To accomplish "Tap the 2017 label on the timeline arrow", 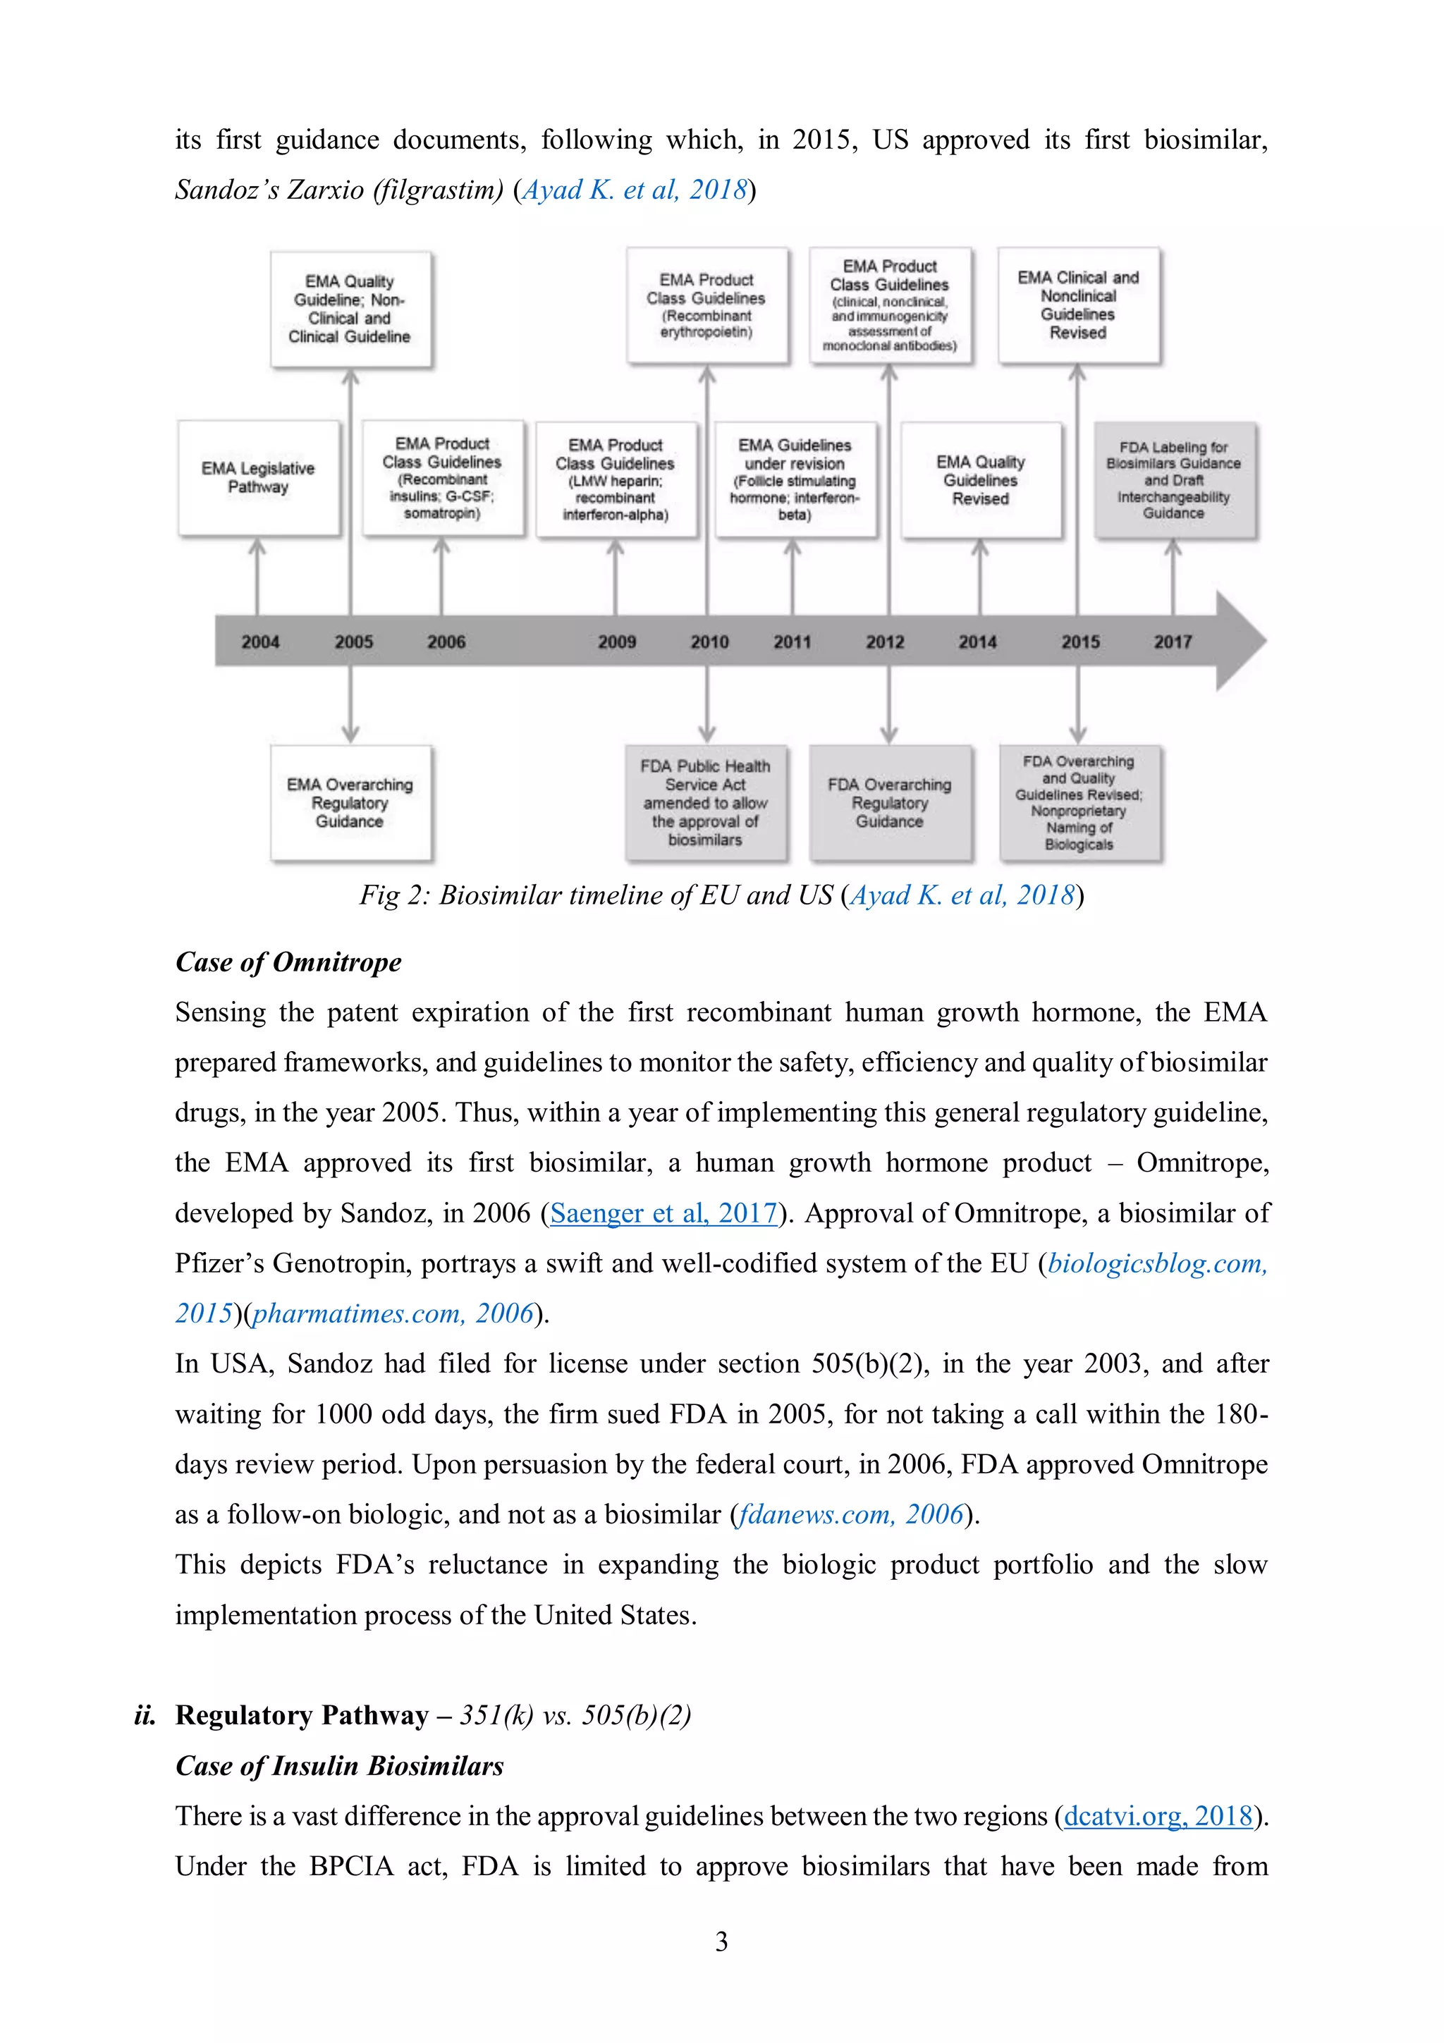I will tap(1172, 642).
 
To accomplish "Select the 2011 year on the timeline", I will tap(792, 642).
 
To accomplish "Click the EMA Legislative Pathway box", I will tap(258, 478).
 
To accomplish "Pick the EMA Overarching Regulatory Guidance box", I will tap(350, 802).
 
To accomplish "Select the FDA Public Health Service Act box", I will tap(706, 802).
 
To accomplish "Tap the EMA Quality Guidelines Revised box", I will tap(981, 481).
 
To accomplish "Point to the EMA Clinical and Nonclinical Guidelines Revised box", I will tap(1077, 305).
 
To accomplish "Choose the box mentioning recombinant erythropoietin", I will tap(706, 305).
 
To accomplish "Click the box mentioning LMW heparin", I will tap(615, 479).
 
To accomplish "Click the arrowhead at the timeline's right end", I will tap(1241, 641).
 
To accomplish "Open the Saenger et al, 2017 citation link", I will tap(663, 1213).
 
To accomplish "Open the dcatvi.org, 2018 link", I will tap(1158, 1815).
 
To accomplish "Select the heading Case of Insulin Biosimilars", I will tap(339, 1765).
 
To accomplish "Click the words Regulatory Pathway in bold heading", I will tap(302, 1714).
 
